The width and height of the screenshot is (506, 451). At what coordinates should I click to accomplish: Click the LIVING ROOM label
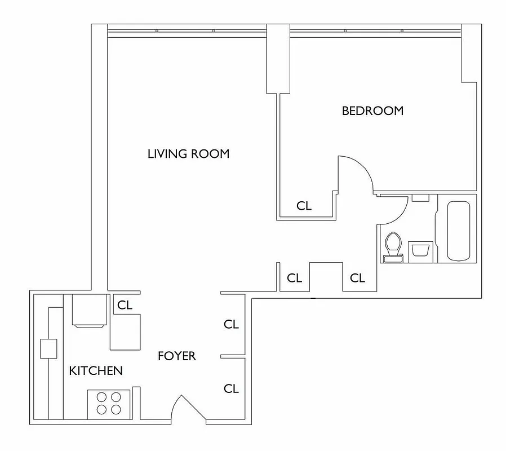click(x=188, y=153)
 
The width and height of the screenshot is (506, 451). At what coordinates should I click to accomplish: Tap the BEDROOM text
click(x=372, y=111)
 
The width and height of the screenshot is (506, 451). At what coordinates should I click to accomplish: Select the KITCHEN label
click(x=95, y=370)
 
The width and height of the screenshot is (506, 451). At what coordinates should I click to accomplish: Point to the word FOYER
click(x=176, y=356)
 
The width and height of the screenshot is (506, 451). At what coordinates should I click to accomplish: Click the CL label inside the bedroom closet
click(x=304, y=206)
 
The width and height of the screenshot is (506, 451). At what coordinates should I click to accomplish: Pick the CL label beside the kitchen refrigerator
click(x=125, y=305)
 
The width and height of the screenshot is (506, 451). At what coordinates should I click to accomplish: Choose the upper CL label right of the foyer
click(x=231, y=324)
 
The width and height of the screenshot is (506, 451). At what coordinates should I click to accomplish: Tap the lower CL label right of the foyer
click(x=231, y=388)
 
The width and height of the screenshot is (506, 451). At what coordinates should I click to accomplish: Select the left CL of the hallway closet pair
click(x=294, y=278)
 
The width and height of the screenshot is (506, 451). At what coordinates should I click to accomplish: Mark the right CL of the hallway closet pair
click(x=357, y=278)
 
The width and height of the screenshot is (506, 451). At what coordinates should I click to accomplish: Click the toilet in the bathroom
click(x=393, y=246)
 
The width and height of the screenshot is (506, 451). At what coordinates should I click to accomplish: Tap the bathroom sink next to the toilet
click(x=420, y=249)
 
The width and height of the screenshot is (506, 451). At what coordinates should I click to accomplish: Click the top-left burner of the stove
click(x=101, y=397)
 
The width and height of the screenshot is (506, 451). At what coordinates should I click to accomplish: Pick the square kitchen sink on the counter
click(x=48, y=349)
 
